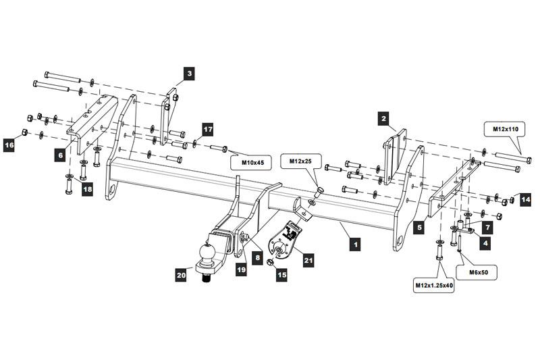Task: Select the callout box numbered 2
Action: click(x=383, y=120)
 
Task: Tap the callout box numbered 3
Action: click(x=189, y=74)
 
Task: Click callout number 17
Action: click(x=207, y=129)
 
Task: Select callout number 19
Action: click(x=241, y=271)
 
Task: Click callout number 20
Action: click(x=181, y=275)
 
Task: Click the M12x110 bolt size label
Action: click(x=504, y=129)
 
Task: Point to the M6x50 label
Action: click(x=481, y=273)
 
